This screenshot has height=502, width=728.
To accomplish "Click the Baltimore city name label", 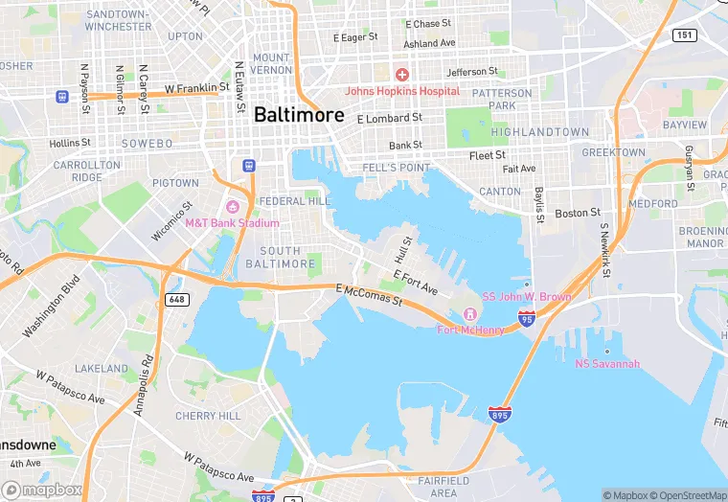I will (299, 114).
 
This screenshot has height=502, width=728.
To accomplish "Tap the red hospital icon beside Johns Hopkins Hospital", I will (402, 75).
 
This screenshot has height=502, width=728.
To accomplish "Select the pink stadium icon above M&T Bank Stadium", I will (231, 207).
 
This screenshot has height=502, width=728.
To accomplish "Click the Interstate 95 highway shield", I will (526, 318).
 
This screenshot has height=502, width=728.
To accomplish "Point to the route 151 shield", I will (684, 34).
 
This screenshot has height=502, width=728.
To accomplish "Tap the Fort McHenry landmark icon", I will (469, 315).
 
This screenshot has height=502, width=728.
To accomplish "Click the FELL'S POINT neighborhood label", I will (397, 168).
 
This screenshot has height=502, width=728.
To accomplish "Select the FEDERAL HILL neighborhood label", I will (294, 201).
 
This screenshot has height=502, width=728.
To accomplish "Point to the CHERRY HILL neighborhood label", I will (208, 416).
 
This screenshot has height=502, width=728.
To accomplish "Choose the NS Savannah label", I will (606, 363).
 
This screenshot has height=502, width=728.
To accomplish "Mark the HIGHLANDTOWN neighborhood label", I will (539, 131).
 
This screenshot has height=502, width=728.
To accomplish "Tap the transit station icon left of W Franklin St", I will (62, 96).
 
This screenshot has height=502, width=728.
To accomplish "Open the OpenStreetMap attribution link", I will (689, 495).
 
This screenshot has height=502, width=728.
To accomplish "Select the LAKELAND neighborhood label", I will (102, 368).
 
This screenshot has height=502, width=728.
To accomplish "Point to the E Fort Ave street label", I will (415, 282).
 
